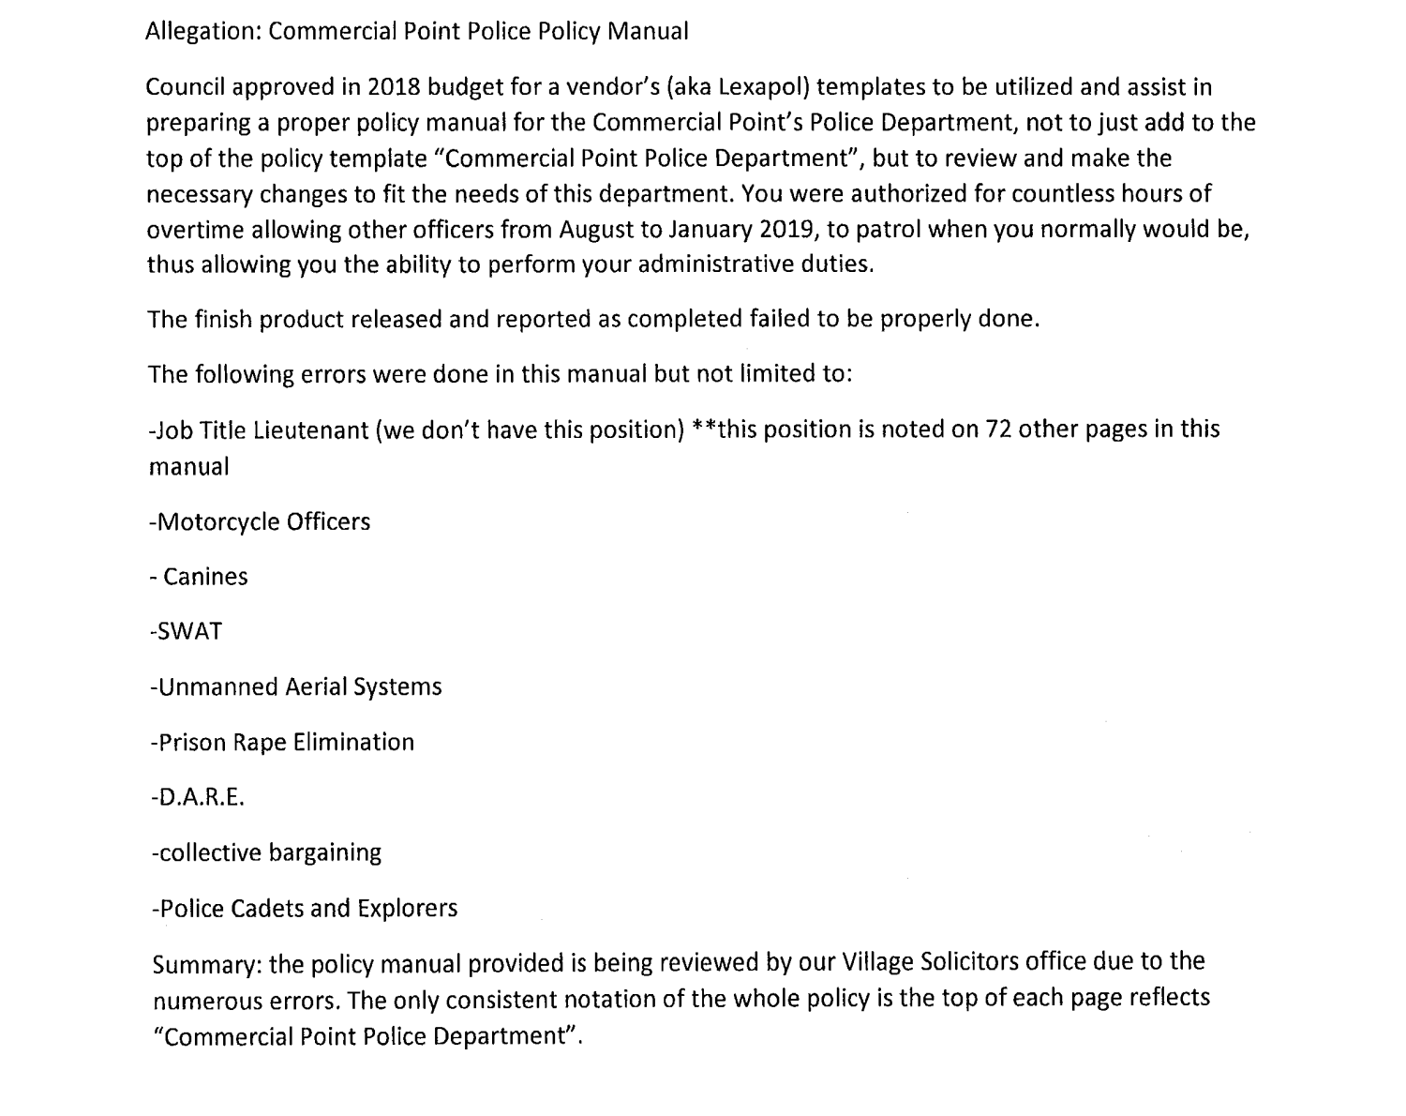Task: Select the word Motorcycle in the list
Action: pyautogui.click(x=214, y=521)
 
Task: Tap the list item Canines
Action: pyautogui.click(x=205, y=577)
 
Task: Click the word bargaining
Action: pyautogui.click(x=325, y=853)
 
